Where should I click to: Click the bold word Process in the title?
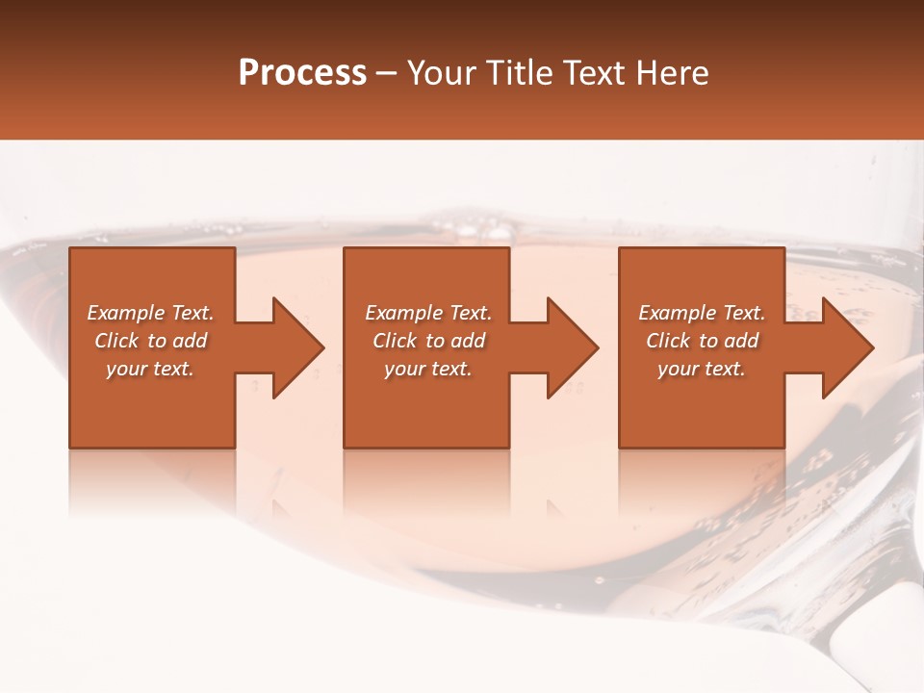pos(302,73)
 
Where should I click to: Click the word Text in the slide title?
pos(597,73)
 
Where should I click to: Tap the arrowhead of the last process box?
pos(846,347)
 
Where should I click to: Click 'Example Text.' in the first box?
pos(150,313)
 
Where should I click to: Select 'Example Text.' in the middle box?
pos(428,313)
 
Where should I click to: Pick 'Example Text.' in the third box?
pos(702,313)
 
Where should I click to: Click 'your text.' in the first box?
pos(150,369)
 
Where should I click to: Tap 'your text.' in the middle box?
pos(428,369)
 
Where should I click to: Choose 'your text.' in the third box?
pos(702,369)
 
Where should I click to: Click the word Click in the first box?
pos(116,341)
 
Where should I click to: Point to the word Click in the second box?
pos(395,341)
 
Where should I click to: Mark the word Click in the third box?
pos(668,341)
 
